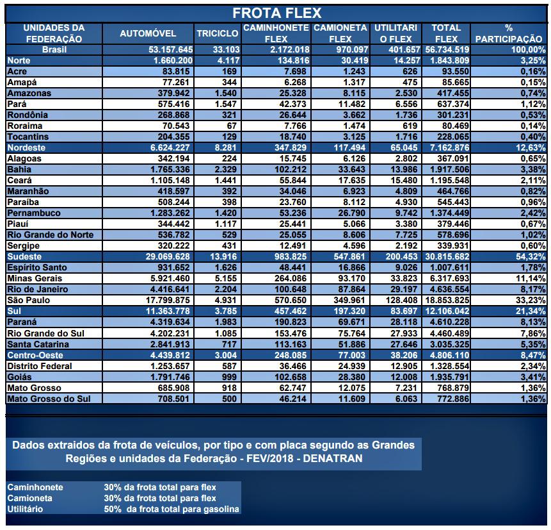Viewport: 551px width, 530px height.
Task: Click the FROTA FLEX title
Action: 276,13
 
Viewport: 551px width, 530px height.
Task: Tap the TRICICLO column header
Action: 217,33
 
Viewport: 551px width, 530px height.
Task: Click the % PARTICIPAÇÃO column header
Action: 509,33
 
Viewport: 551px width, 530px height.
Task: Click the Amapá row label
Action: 21,82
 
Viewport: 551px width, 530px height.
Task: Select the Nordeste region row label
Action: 26,147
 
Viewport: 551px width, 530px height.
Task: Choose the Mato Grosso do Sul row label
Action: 48,398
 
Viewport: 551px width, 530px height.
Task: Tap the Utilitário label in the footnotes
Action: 26,509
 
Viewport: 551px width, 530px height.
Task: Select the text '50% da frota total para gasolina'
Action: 172,509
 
